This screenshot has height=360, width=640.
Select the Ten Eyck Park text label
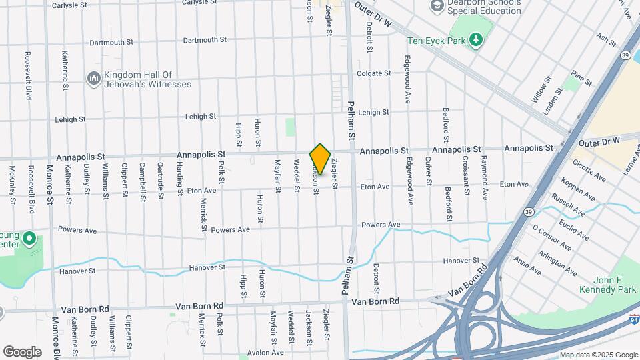(435, 40)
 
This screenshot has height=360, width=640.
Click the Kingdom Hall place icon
(93, 79)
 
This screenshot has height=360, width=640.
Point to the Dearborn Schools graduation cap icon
(438, 6)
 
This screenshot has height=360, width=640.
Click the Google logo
(22, 351)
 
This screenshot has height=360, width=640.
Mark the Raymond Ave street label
(484, 177)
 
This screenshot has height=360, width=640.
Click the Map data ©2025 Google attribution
(598, 355)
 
